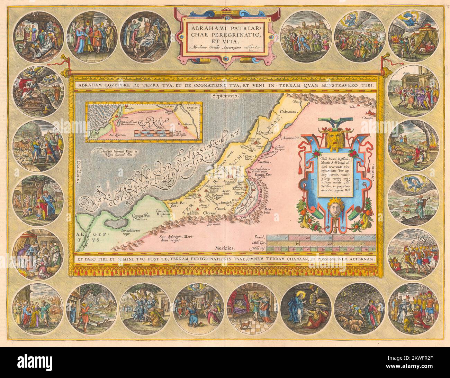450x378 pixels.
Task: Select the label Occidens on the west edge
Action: [78, 171]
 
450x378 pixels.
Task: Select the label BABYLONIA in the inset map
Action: [191, 109]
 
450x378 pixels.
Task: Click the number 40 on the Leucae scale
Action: [352, 238]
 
